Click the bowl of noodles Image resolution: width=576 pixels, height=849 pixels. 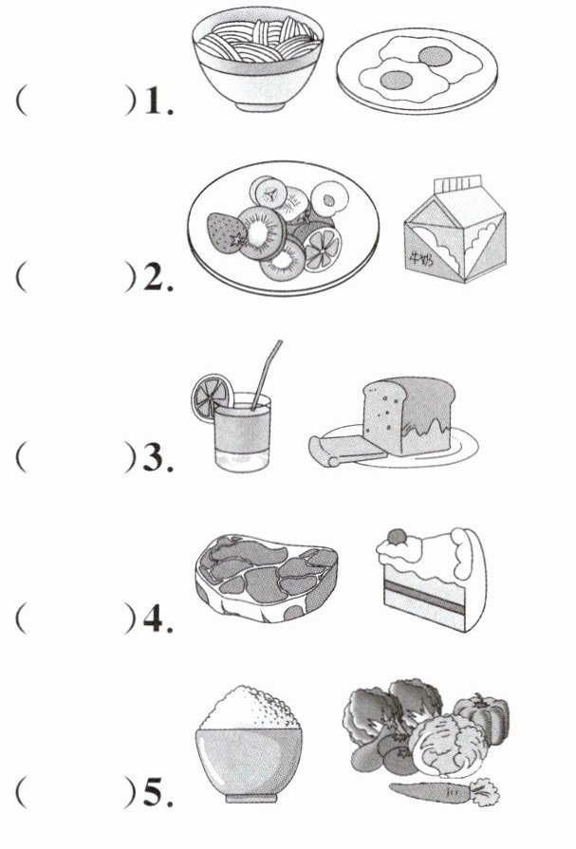pos(257,60)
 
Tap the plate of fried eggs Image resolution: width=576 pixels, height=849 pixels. pos(417,71)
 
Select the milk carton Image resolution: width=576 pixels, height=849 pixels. pos(455,230)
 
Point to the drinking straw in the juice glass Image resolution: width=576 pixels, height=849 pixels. pos(266,375)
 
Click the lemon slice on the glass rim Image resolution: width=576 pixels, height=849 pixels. pos(212,397)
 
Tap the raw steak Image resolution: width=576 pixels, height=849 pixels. pos(266,578)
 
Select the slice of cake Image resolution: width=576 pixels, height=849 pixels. pos(432,580)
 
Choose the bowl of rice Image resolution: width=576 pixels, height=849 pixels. pos(249,744)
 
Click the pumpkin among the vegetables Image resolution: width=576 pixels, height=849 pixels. pos(482,716)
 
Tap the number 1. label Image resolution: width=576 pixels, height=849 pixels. pos(158,102)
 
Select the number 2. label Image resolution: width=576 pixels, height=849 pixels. pos(158,277)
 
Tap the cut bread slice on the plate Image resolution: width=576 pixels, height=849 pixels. pos(346,451)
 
